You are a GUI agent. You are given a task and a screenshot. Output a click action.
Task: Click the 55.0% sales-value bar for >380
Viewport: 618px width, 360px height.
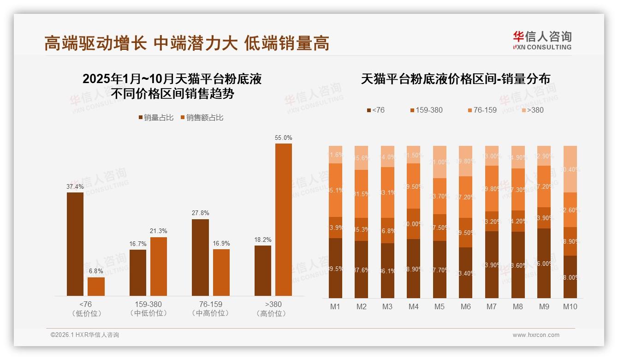click(284, 220)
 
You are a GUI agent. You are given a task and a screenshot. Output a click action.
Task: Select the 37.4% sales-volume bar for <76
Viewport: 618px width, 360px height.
click(75, 244)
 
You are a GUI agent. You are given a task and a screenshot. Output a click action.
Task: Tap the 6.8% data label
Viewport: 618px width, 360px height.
click(96, 271)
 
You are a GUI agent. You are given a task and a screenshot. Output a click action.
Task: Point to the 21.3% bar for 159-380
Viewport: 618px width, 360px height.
click(159, 266)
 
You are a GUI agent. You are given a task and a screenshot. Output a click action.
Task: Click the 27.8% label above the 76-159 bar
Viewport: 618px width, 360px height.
click(200, 213)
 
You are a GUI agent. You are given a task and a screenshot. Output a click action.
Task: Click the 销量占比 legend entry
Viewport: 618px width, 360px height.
click(156, 118)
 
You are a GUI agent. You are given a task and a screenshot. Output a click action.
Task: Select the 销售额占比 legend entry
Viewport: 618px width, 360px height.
click(202, 118)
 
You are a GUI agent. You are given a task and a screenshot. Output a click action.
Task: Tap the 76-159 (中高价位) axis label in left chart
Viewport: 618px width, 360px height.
click(210, 309)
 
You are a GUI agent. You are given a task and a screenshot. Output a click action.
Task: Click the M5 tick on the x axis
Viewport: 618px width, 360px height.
click(440, 306)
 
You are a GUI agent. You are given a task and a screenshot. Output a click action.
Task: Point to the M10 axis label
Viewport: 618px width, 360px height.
click(570, 306)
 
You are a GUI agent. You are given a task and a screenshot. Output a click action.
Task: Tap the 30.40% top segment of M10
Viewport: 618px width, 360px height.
click(570, 169)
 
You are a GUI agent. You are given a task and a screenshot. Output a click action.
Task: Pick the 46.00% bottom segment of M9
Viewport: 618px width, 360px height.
click(544, 263)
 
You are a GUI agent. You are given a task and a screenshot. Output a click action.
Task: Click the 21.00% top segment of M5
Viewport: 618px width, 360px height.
click(440, 162)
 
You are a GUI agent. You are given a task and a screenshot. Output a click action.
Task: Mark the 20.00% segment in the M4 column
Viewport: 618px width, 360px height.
click(414, 224)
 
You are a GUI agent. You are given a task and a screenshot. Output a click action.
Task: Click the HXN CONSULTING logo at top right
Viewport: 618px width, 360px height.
click(542, 41)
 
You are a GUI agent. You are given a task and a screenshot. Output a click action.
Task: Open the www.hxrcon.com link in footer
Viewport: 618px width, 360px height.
click(535, 335)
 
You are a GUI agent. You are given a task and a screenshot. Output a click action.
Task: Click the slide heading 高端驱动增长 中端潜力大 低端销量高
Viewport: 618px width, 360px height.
click(187, 43)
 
